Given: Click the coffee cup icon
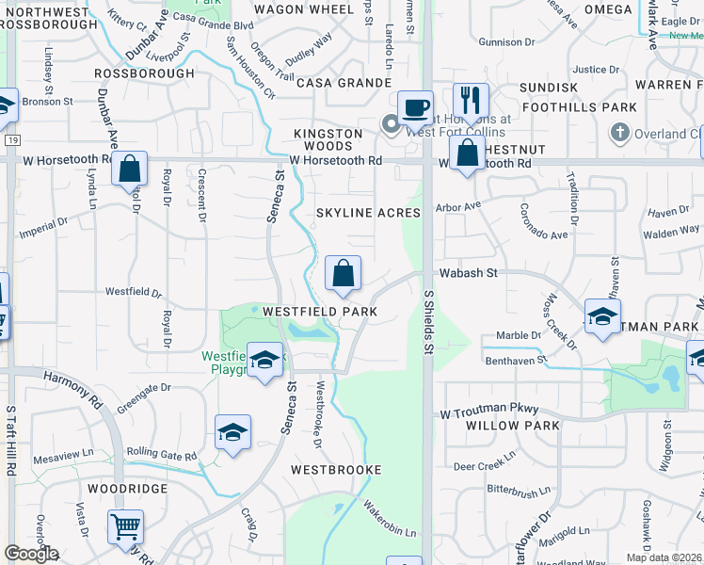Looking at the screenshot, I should point(414,106).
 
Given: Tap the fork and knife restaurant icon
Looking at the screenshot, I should point(471,99).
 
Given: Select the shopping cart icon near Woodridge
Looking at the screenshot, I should point(125,526).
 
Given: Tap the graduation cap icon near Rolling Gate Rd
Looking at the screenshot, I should point(232,431).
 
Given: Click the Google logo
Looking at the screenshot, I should point(31,554).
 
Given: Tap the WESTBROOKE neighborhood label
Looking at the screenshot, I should point(336,469).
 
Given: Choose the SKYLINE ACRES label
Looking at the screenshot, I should point(368,213).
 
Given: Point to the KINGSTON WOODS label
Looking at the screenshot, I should point(328,139).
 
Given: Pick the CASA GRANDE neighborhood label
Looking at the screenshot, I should point(344,83).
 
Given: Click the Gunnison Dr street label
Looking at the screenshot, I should point(506,42).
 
